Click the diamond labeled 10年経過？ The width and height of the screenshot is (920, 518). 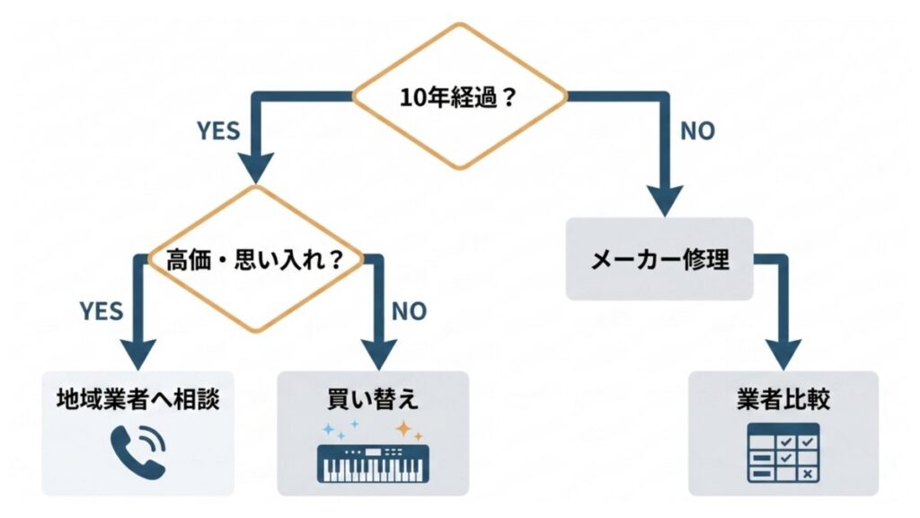(459, 96)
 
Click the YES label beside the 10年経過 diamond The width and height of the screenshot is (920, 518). (218, 131)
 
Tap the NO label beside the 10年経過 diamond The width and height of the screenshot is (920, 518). (696, 131)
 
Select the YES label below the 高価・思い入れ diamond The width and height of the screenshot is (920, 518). (101, 311)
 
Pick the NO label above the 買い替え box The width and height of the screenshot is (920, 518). (409, 311)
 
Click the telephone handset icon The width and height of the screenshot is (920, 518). (137, 451)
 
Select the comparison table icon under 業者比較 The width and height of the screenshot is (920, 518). (782, 456)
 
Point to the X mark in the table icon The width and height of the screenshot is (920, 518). (807, 474)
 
